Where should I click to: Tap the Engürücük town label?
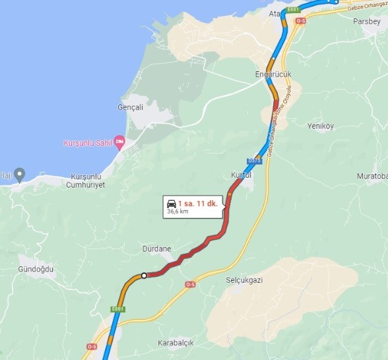273,75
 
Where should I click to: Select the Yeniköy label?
321,126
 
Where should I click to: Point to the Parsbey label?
367,20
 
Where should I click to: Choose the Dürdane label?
156,249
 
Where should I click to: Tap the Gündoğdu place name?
36,270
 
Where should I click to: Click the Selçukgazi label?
244,280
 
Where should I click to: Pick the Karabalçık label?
176,343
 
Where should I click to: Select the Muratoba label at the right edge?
372,176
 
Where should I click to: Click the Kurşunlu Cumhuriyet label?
86,181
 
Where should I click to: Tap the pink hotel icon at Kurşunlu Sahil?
119,141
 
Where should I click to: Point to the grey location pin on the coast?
20,175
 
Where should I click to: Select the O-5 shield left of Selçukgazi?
191,284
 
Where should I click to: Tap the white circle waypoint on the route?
143,275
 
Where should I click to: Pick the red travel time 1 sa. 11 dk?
197,203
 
